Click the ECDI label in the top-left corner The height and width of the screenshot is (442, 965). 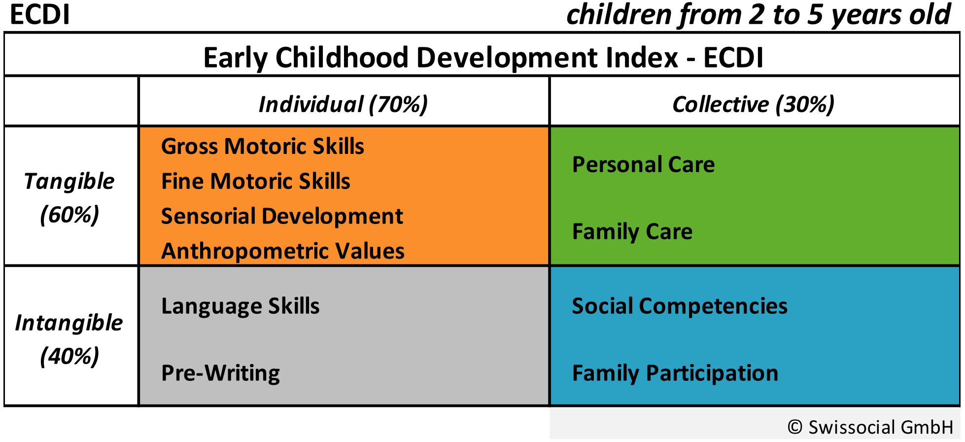tap(39, 15)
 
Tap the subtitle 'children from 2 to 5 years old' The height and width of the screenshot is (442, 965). tap(758, 15)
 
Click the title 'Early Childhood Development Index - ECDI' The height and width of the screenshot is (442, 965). tap(483, 57)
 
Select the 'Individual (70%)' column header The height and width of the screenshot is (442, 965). tap(343, 104)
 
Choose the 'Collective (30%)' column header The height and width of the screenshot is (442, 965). tap(753, 104)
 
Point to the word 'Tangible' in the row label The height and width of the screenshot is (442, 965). tap(69, 181)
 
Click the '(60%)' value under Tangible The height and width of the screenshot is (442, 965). tap(69, 215)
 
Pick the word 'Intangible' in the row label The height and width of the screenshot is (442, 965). tap(69, 323)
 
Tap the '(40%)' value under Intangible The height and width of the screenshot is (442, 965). tap(69, 356)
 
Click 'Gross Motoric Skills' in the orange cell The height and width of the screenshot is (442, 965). tap(263, 147)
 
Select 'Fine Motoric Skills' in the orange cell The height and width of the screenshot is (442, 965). tap(256, 181)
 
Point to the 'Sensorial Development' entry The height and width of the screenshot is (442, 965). tap(282, 216)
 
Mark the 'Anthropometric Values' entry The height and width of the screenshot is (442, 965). tap(283, 251)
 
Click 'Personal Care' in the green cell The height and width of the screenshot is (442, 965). tap(643, 164)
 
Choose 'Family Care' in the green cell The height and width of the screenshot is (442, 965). tap(632, 231)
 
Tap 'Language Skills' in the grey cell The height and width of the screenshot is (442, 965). tap(241, 306)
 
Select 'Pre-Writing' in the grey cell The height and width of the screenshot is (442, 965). tap(220, 373)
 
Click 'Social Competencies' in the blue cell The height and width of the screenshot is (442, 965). tap(680, 306)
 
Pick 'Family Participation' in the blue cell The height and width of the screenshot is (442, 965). tap(675, 373)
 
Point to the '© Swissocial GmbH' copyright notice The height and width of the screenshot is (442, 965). tap(870, 427)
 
